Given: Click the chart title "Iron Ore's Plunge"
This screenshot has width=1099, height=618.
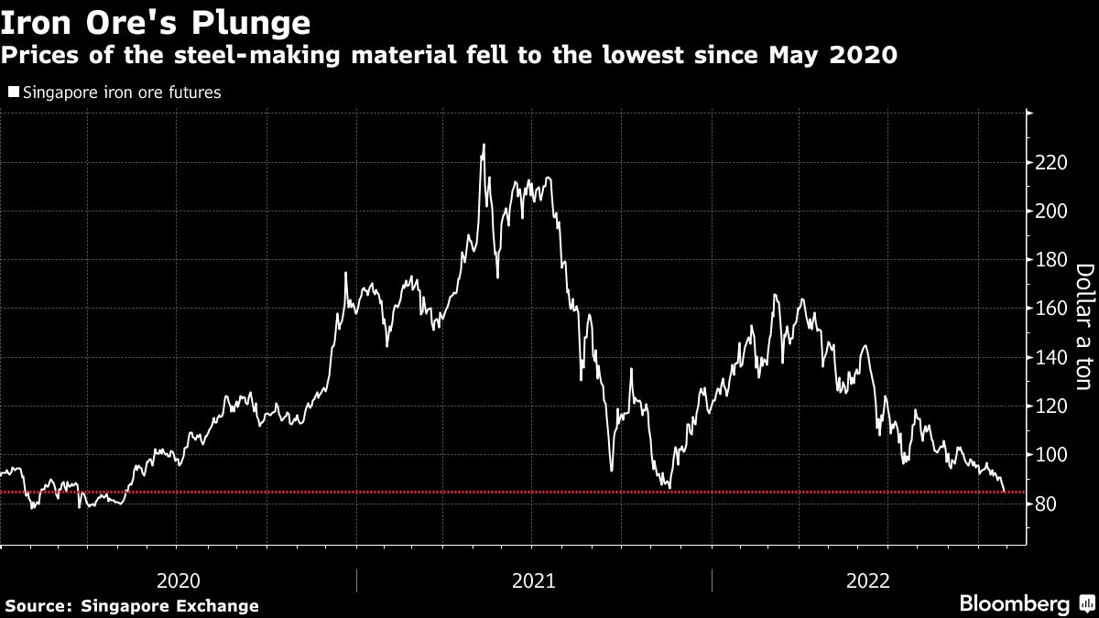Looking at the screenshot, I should [155, 20].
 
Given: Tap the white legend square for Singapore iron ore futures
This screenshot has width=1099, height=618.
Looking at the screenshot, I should [13, 92].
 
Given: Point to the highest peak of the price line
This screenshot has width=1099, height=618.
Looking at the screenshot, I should [484, 145].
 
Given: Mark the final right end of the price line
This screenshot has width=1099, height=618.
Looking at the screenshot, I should [1006, 492].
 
